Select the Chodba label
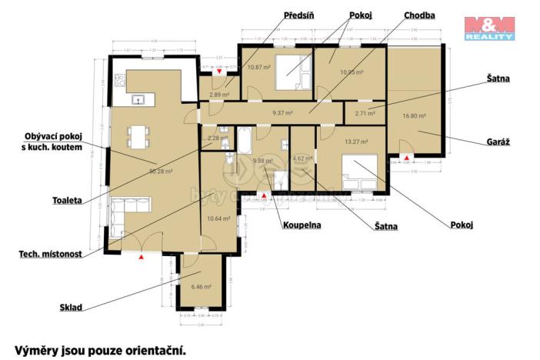tap(420, 15)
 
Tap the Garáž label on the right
tap(499, 142)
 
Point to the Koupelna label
tap(301, 225)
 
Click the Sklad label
tap(71, 308)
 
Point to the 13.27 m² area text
tap(356, 142)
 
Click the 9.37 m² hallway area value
tap(283, 111)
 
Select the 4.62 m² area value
tap(302, 159)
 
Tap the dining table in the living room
tap(139, 137)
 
